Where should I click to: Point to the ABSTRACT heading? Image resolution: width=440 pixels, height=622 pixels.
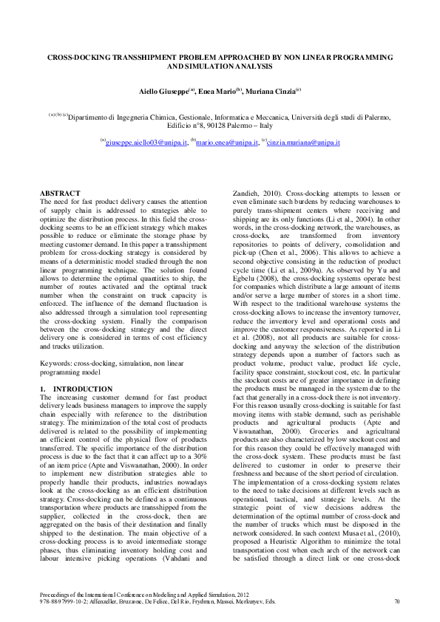click(x=59, y=193)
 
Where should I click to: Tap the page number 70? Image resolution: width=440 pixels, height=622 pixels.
click(x=397, y=603)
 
